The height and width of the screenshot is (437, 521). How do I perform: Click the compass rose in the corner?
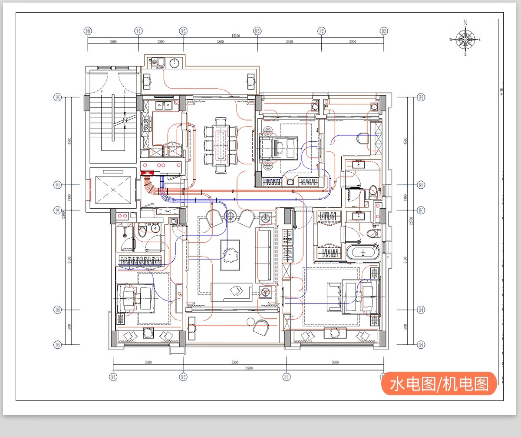tap(465, 39)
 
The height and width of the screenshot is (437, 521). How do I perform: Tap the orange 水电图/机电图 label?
tap(439, 384)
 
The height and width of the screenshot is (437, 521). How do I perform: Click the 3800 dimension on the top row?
tap(220, 42)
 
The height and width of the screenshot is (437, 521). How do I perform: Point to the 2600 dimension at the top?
tap(113, 42)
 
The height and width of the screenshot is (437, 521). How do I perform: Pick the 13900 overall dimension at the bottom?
tap(248, 368)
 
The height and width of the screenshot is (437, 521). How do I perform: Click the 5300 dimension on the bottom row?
tap(234, 362)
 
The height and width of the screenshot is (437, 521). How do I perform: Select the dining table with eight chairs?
tap(221, 145)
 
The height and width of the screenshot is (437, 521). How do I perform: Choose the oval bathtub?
tap(363, 253)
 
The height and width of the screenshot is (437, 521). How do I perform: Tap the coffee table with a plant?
tap(230, 254)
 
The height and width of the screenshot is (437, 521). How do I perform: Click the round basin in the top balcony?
tap(174, 63)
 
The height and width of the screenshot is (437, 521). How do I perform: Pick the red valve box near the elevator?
tap(148, 173)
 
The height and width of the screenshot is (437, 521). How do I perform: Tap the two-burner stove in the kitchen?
tap(146, 125)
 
